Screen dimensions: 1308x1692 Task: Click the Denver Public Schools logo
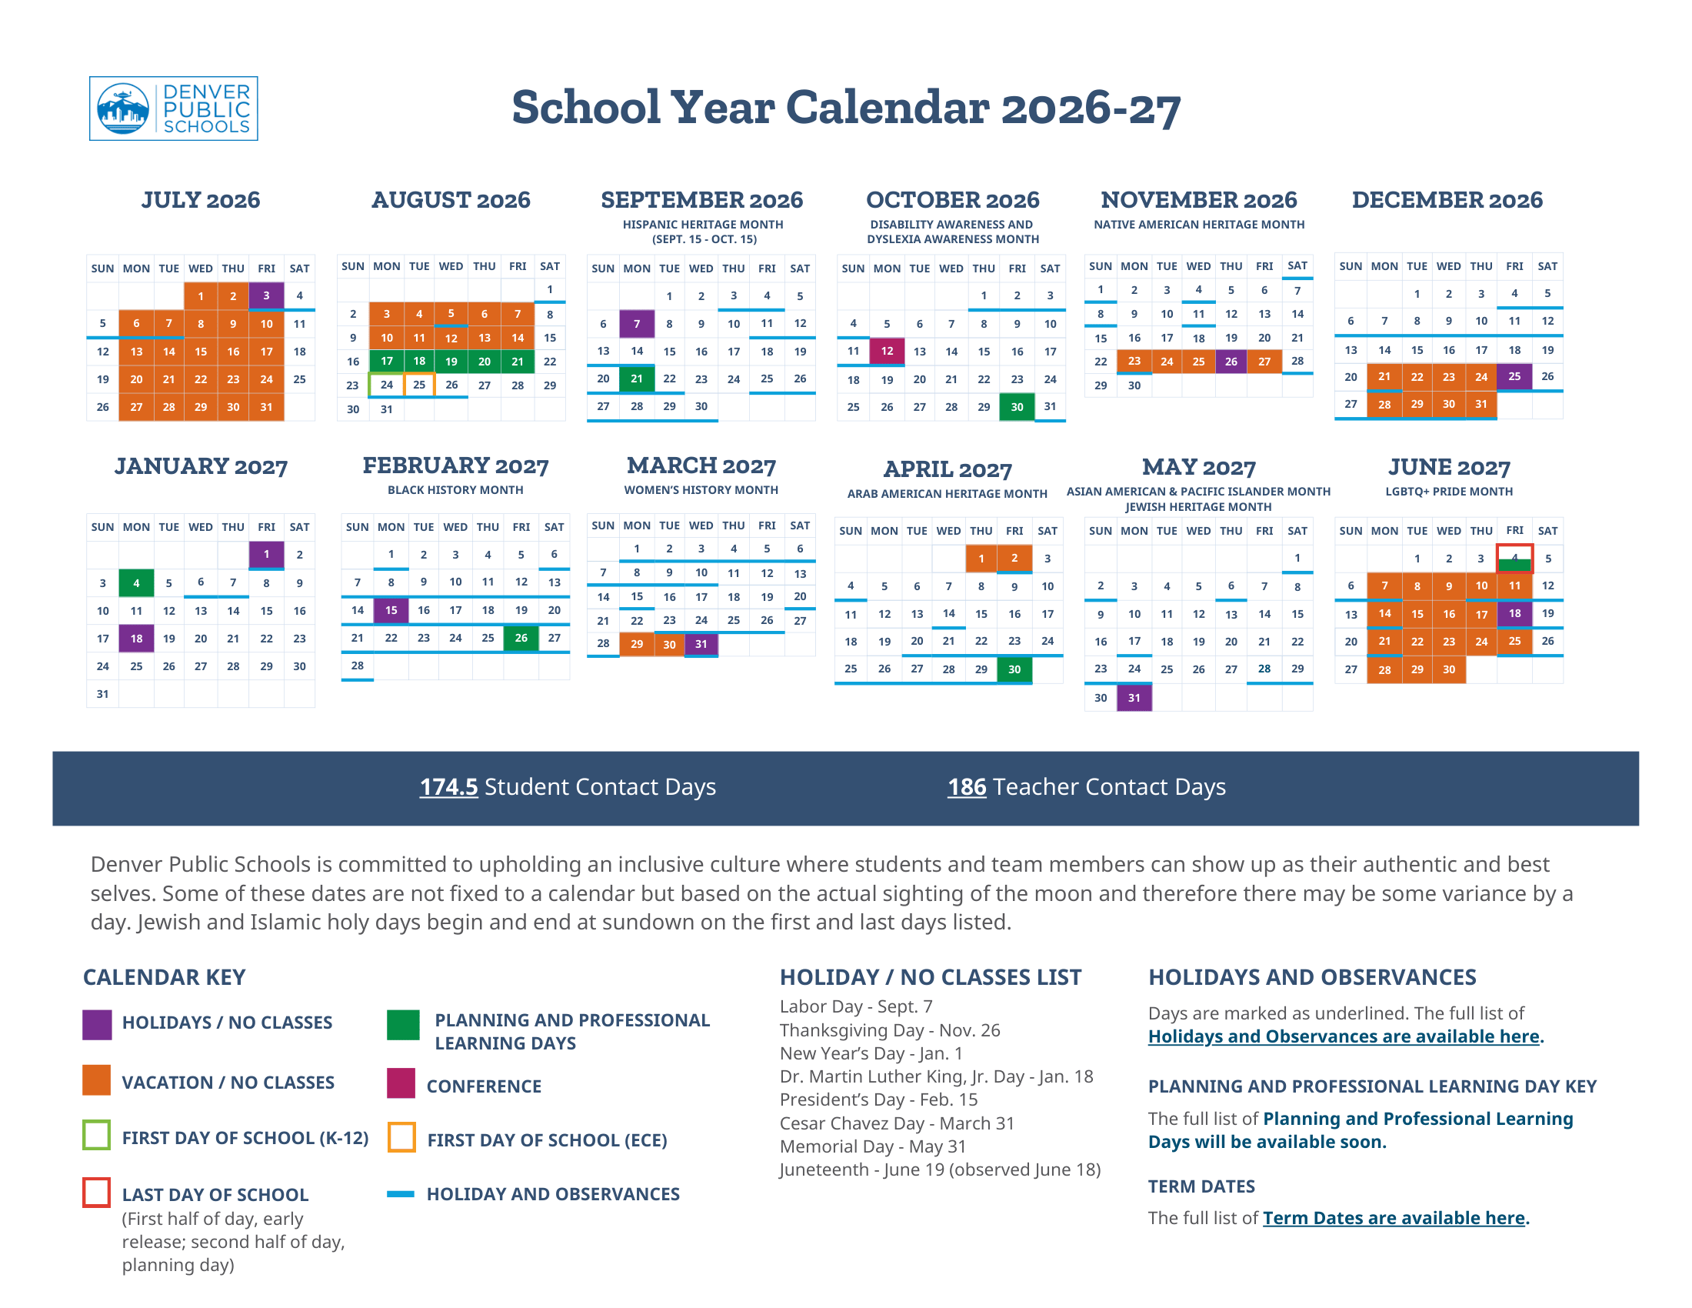coord(174,108)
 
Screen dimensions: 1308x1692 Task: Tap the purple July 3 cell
coord(266,295)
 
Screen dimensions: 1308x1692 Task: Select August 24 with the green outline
coord(387,385)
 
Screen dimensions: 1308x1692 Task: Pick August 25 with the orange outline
coord(419,385)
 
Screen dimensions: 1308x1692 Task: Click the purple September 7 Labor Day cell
coord(637,324)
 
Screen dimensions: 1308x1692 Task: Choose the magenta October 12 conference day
coord(887,351)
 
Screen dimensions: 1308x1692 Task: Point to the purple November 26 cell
coord(1231,361)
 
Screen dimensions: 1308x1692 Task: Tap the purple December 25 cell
coord(1514,376)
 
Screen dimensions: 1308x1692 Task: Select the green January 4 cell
coord(136,582)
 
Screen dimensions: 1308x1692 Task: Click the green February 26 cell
coord(521,638)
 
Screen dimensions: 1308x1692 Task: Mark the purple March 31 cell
coord(701,644)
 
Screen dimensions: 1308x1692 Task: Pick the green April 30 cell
coord(1014,669)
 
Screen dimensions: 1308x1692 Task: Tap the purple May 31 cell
coord(1134,697)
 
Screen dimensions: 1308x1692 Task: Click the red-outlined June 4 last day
coord(1514,558)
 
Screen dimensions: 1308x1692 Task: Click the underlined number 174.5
coord(448,786)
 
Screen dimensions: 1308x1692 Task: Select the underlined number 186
coord(967,786)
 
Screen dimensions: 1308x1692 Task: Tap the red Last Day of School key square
coord(97,1192)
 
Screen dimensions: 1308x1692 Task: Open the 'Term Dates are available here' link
coord(1394,1217)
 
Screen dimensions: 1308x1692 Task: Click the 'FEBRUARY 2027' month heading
coord(455,465)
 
